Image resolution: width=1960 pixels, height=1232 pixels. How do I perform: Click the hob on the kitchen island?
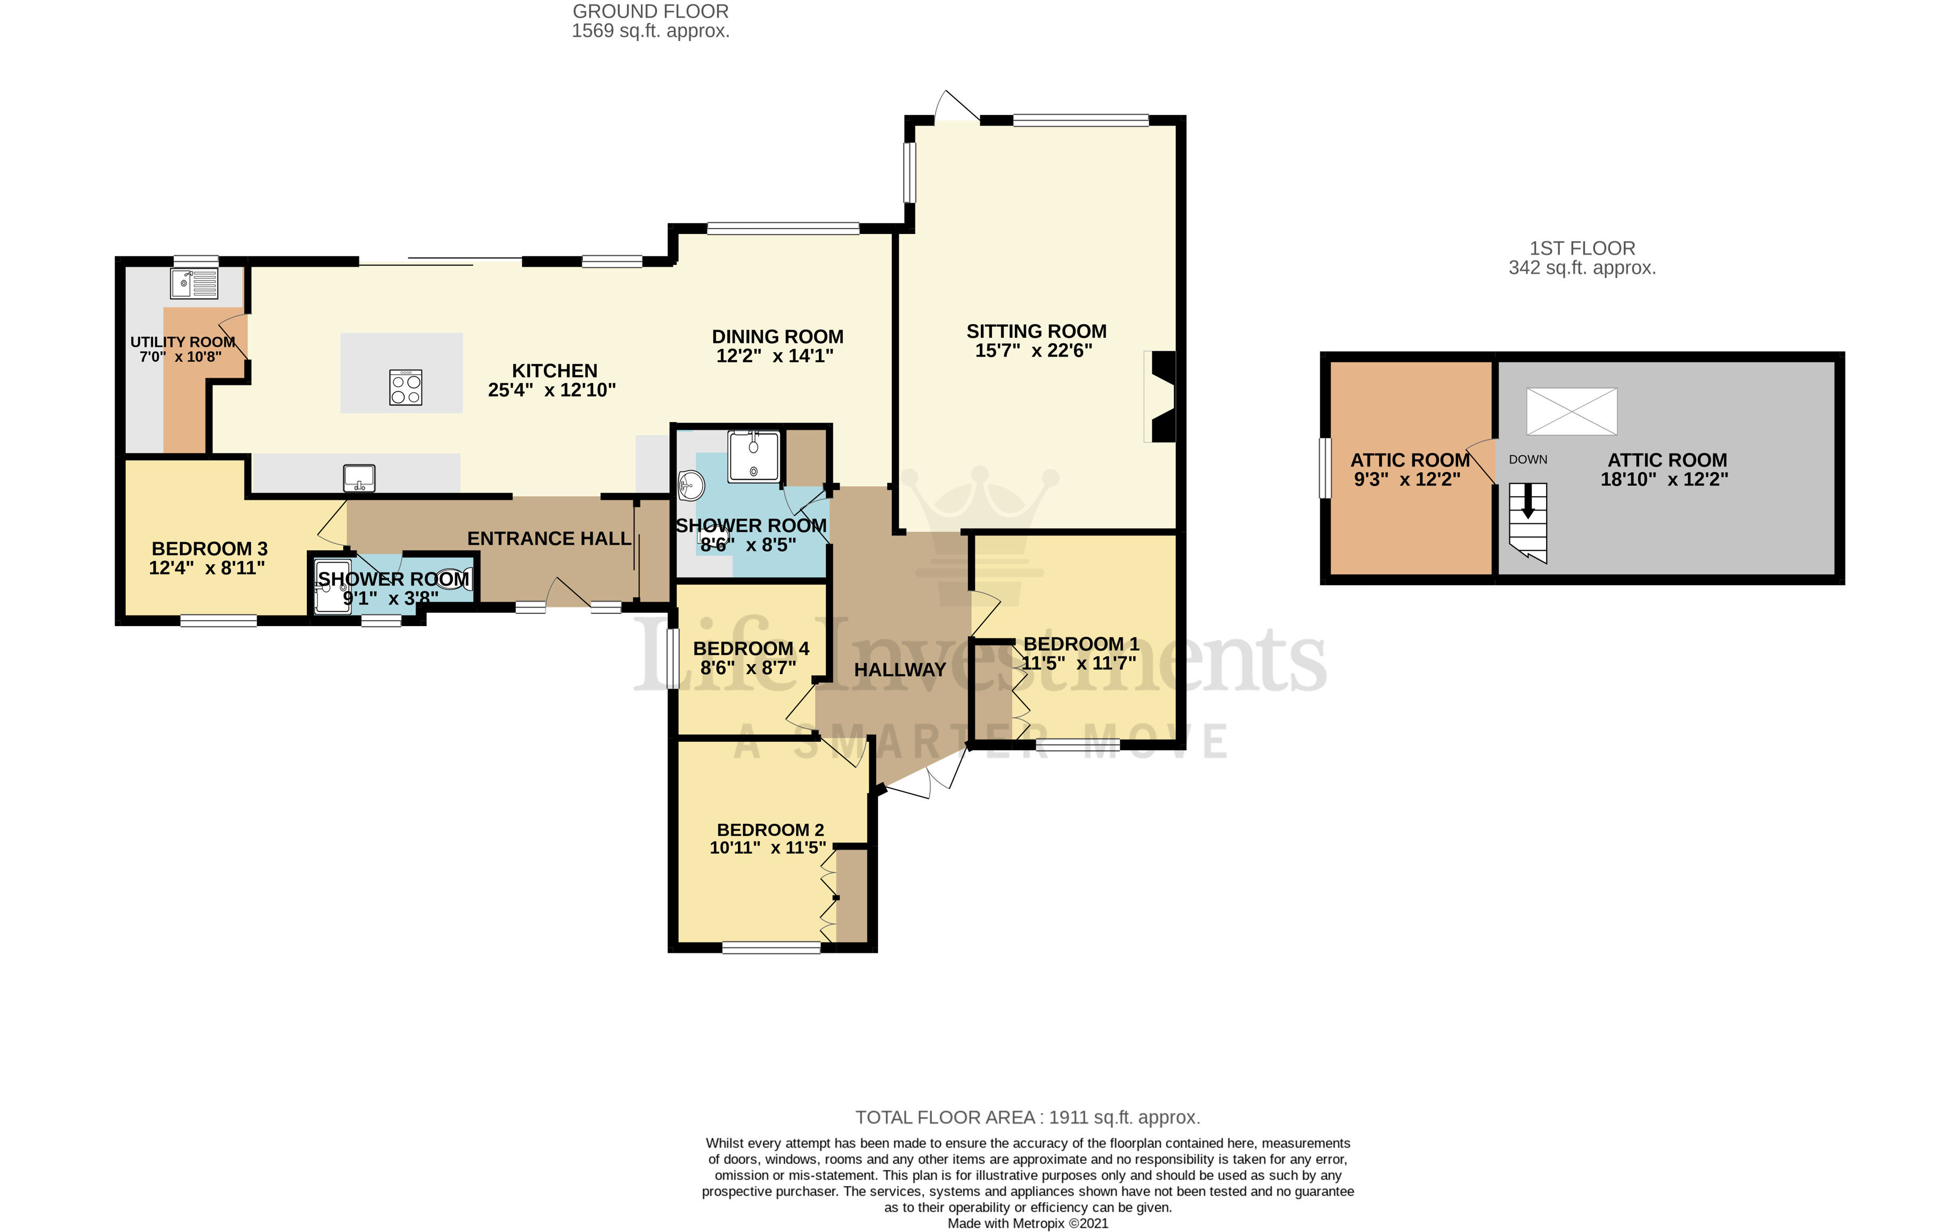point(405,387)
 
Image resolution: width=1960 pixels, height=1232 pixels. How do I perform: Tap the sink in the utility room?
point(194,283)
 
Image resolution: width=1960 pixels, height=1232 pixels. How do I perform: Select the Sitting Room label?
point(1036,331)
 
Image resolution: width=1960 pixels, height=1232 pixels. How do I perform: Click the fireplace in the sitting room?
point(1161,396)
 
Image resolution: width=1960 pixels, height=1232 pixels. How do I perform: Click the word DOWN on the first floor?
point(1528,459)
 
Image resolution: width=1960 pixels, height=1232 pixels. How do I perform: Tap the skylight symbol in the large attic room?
point(1571,411)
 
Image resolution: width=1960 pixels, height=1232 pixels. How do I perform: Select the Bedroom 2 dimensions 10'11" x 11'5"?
point(768,848)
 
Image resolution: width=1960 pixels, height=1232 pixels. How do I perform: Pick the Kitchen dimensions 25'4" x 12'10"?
point(552,390)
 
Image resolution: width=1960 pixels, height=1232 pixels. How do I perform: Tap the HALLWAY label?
point(899,669)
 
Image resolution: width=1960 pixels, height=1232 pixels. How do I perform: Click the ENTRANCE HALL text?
point(549,538)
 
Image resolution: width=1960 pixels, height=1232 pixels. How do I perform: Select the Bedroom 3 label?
point(209,549)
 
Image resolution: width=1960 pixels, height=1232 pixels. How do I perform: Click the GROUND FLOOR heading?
point(650,11)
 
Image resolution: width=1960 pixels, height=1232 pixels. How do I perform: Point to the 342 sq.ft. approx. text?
point(1582,268)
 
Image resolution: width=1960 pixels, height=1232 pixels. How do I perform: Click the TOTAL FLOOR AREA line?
point(1027,1117)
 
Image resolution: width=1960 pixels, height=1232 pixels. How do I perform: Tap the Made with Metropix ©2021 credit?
point(1027,1223)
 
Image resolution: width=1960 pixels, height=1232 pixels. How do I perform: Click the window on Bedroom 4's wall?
point(672,658)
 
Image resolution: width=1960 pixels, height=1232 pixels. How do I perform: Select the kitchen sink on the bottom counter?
point(359,477)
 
